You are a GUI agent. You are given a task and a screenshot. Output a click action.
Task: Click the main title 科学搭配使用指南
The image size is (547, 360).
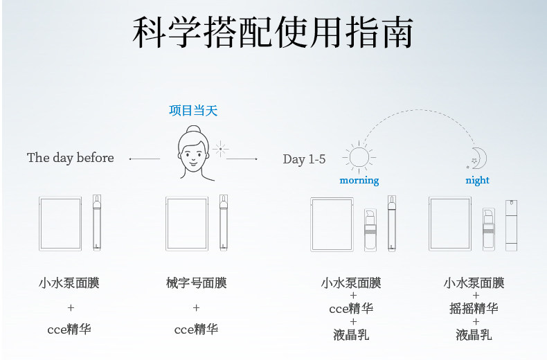[273, 33]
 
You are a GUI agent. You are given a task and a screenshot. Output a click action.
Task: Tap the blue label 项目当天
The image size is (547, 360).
[193, 110]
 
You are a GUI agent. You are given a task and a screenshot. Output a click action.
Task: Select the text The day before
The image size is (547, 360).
[71, 158]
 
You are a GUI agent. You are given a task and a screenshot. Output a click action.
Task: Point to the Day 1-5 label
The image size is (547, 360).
[304, 159]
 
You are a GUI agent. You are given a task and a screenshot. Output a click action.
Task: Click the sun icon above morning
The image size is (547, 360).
[358, 156]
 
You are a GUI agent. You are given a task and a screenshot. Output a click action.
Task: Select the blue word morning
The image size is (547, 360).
[359, 180]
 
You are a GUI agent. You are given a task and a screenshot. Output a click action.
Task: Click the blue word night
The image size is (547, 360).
[477, 180]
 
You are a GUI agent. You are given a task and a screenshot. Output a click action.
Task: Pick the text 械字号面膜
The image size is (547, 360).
[196, 282]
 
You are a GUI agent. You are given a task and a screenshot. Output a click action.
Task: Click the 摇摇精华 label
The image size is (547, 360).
[474, 309]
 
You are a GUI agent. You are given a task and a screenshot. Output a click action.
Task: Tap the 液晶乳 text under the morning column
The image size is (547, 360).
[351, 334]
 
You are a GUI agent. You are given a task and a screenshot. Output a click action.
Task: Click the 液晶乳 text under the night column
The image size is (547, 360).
[474, 334]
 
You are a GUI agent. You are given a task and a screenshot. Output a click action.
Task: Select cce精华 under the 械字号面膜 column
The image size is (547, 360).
[196, 329]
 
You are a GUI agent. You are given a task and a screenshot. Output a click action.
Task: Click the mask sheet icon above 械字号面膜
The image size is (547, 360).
[186, 223]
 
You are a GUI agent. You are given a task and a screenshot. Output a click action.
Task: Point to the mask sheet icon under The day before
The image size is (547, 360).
[60, 223]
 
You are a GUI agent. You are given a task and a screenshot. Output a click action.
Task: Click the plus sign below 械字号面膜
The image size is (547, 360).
[196, 307]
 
